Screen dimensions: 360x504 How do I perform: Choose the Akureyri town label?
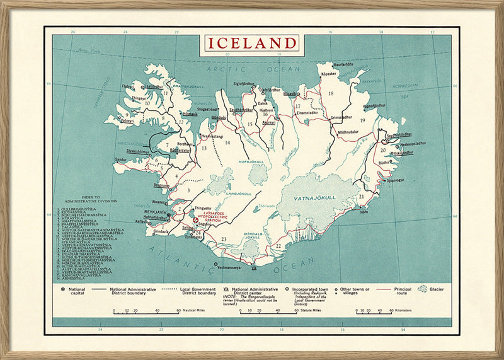coord(269,123)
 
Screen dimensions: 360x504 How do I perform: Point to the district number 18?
coord(331,93)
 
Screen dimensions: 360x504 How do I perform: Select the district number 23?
coord(223,238)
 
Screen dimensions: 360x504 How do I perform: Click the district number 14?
coord(227,142)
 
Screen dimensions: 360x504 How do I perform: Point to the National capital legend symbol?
coord(64,289)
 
